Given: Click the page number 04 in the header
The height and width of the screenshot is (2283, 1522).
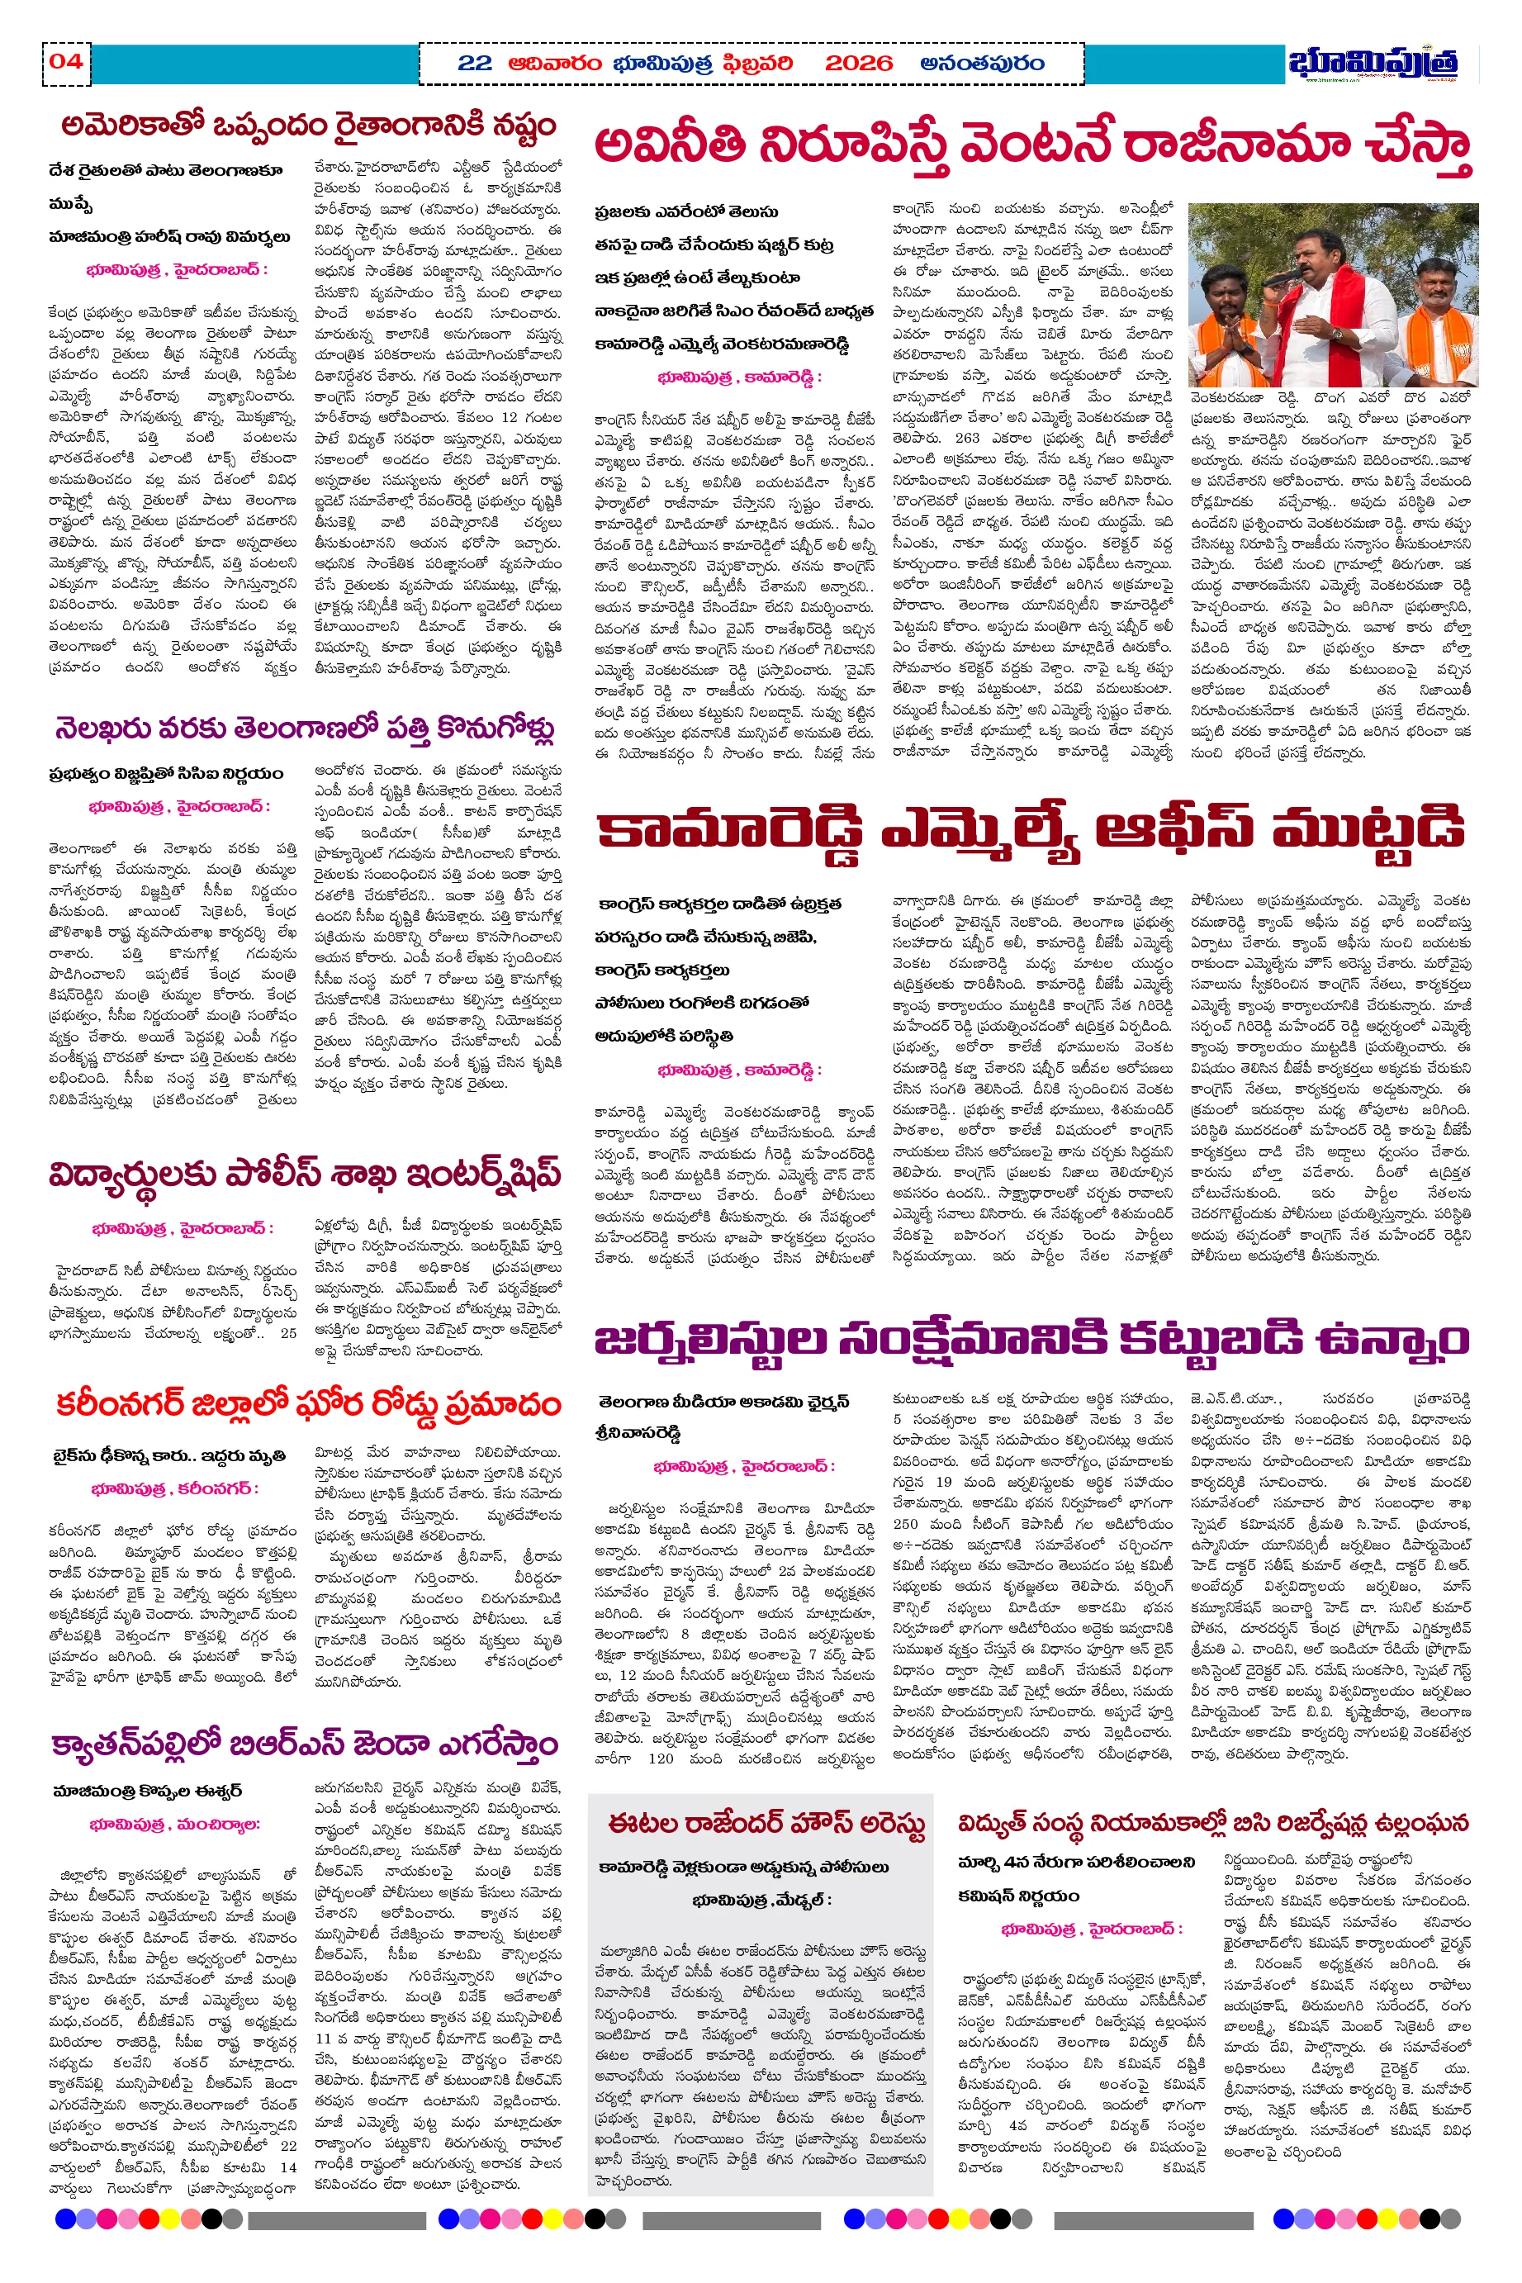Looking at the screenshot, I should [x=65, y=62].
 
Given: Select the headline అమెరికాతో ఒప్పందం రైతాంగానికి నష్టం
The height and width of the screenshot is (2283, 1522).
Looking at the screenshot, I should [x=308, y=126].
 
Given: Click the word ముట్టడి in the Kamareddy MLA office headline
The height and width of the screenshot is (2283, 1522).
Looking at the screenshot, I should [x=1368, y=830].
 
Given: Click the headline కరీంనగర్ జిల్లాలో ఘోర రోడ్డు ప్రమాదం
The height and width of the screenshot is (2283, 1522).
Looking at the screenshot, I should [x=308, y=1404].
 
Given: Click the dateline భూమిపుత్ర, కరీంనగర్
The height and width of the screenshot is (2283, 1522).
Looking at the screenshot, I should [x=175, y=1489].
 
